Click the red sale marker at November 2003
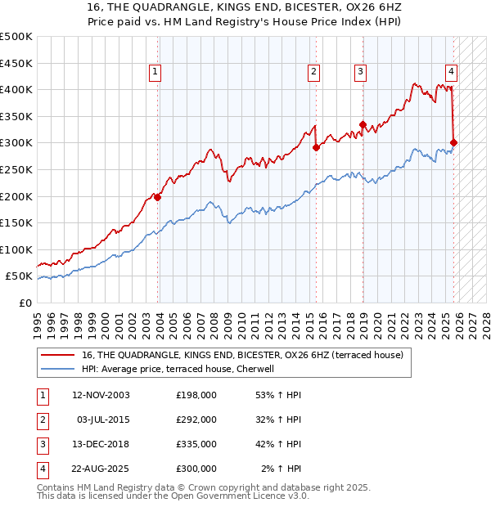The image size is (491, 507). coord(157,197)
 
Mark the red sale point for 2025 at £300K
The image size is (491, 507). coord(454,143)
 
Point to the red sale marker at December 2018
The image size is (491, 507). coord(362,124)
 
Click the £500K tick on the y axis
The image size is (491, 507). coord(16,37)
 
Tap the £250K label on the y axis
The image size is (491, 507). coord(16,169)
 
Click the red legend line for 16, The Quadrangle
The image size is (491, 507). coord(58,356)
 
